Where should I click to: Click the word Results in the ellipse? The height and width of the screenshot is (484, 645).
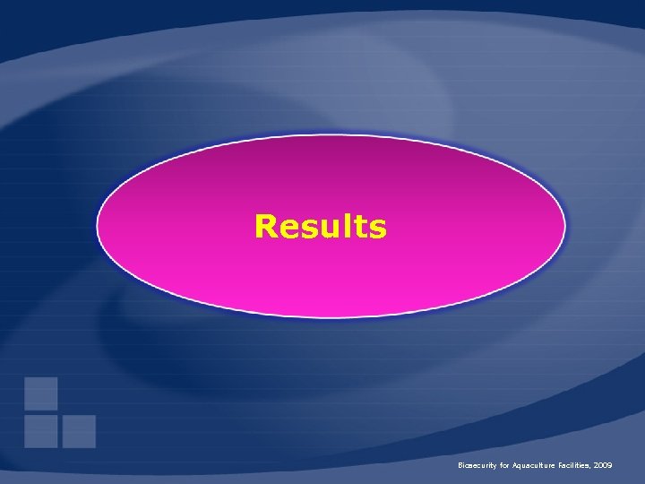320,227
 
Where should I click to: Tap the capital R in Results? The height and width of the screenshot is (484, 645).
265,227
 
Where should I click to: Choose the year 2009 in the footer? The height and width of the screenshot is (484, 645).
602,467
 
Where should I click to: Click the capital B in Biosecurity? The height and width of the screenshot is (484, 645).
460,467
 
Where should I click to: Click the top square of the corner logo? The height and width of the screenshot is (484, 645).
41,393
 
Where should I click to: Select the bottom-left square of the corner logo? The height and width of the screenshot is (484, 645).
41,431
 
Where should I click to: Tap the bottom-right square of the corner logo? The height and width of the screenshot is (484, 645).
79,431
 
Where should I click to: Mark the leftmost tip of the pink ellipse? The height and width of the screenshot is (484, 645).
98,224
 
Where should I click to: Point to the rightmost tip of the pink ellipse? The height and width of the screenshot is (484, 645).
565,224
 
